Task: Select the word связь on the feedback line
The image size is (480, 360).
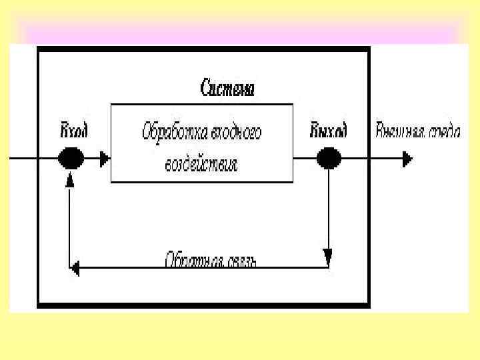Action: (239, 259)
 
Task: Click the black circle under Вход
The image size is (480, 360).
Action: (71, 159)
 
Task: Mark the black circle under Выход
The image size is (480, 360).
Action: (328, 159)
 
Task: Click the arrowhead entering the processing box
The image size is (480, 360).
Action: (103, 159)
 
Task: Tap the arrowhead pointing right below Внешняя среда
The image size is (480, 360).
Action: (407, 159)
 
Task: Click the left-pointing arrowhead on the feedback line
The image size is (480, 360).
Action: (75, 268)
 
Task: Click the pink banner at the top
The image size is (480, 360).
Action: (240, 32)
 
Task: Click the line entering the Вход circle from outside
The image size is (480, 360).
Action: (30, 159)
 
